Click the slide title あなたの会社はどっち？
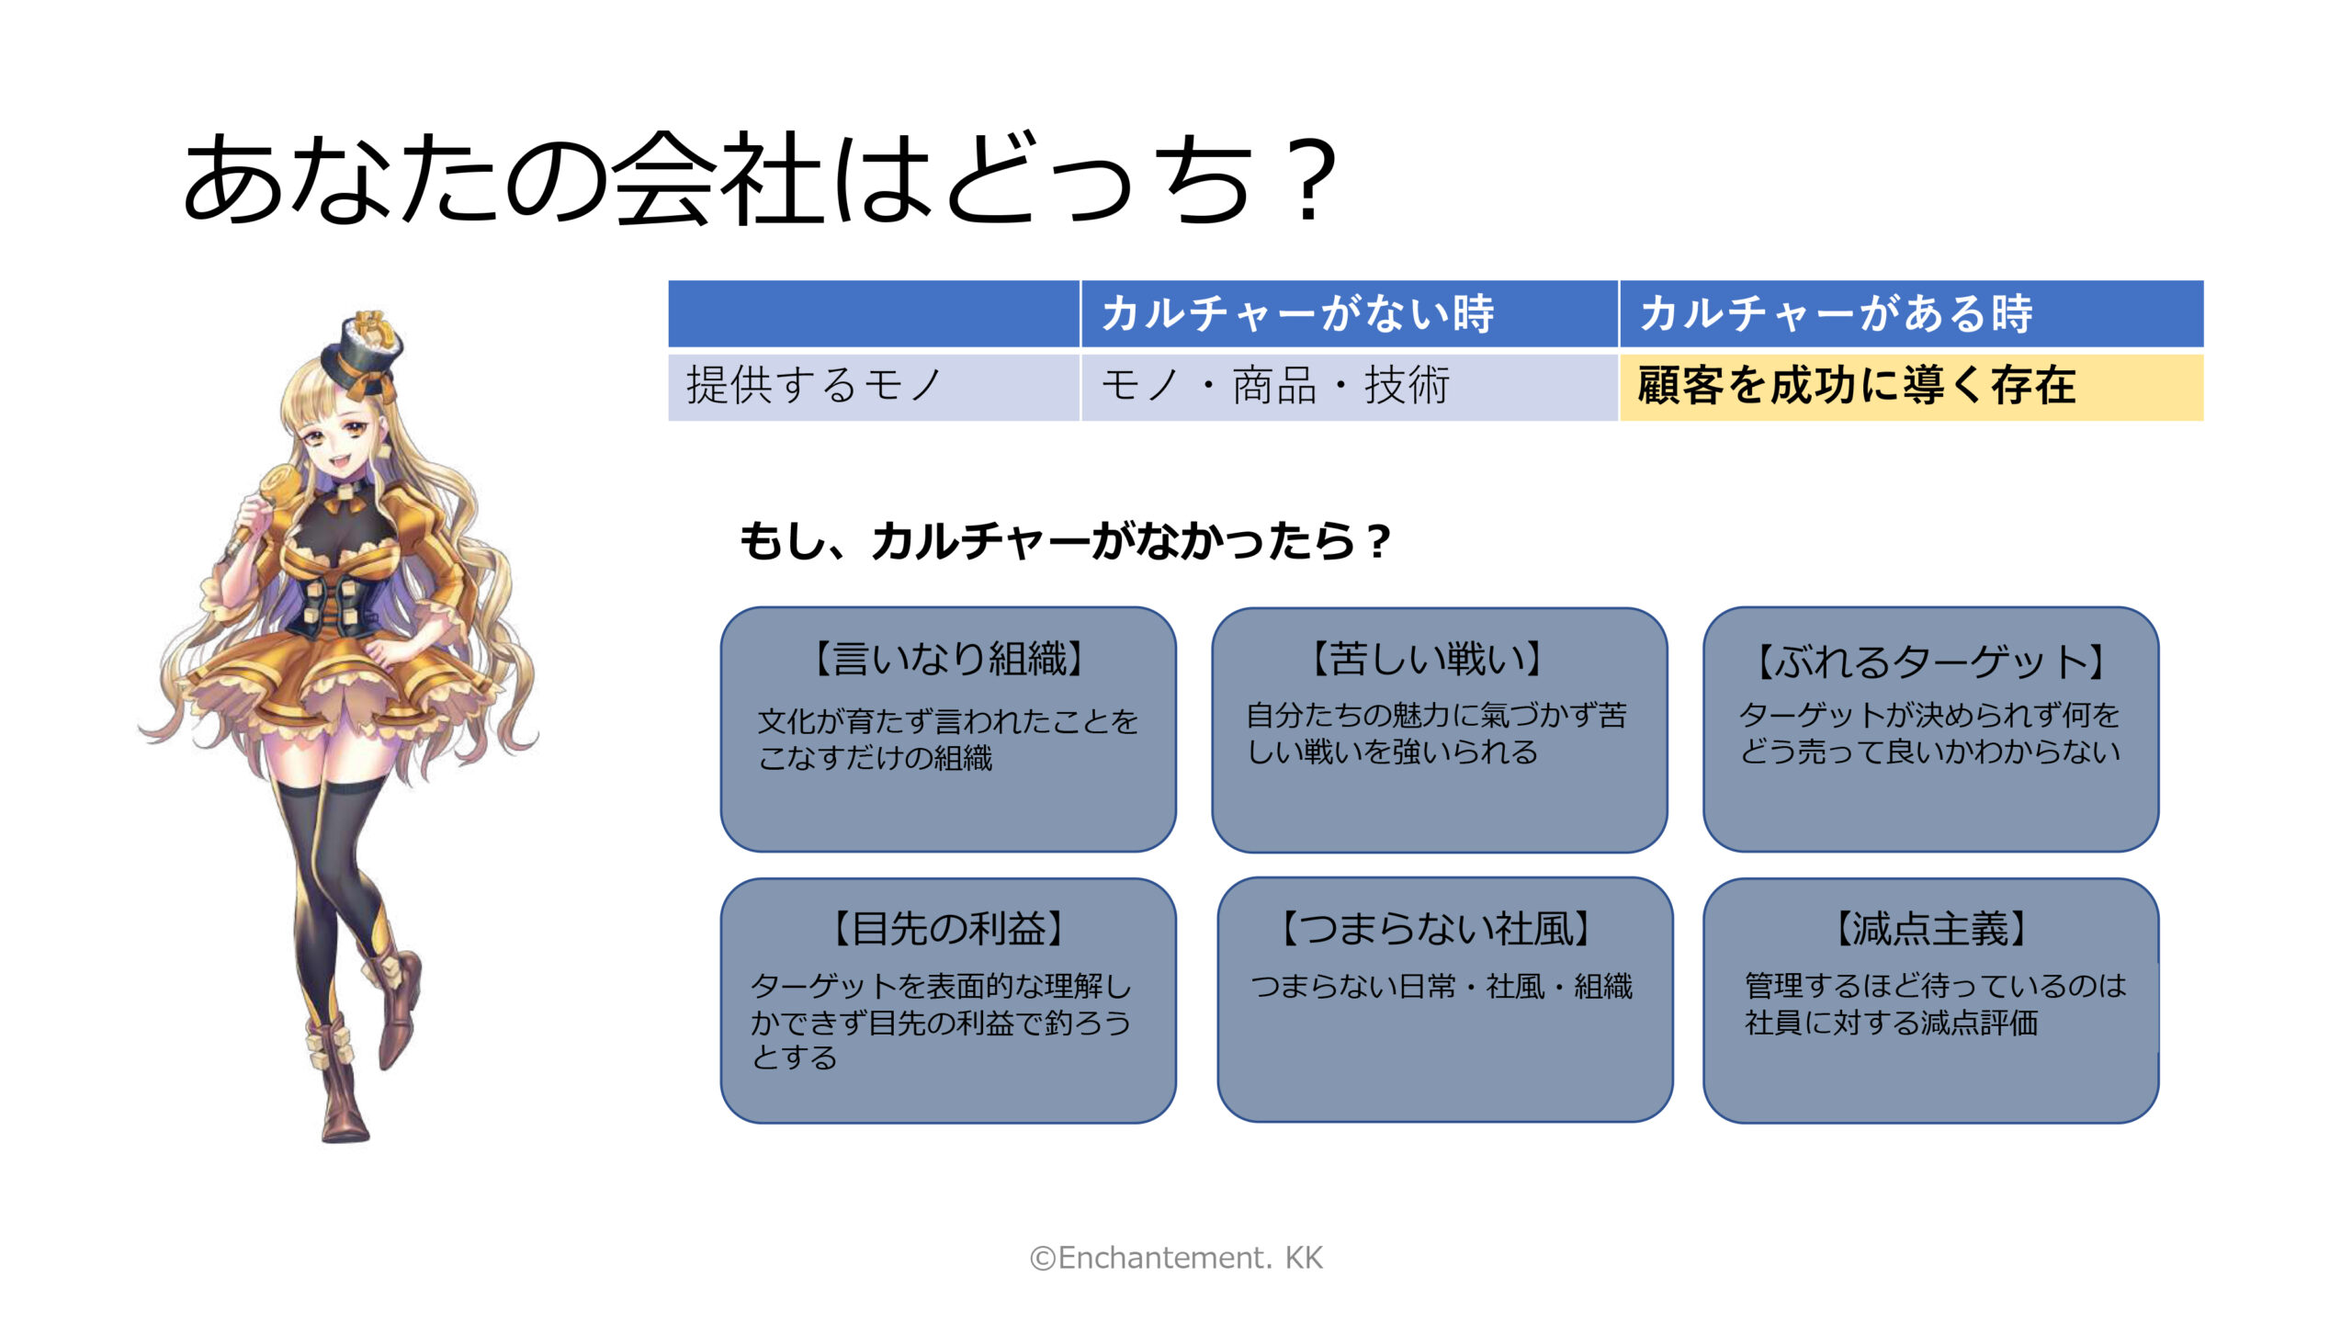(761, 178)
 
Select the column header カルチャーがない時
(1297, 313)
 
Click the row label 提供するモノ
(814, 385)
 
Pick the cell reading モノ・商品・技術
(1275, 385)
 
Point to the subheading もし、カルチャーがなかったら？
(1066, 540)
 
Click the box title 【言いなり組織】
(948, 659)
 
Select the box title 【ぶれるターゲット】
(1930, 661)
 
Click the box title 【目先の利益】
(948, 929)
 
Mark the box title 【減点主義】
(1930, 929)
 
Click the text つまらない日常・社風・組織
(1442, 987)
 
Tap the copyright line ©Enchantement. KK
(1176, 1258)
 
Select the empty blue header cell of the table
(873, 313)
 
